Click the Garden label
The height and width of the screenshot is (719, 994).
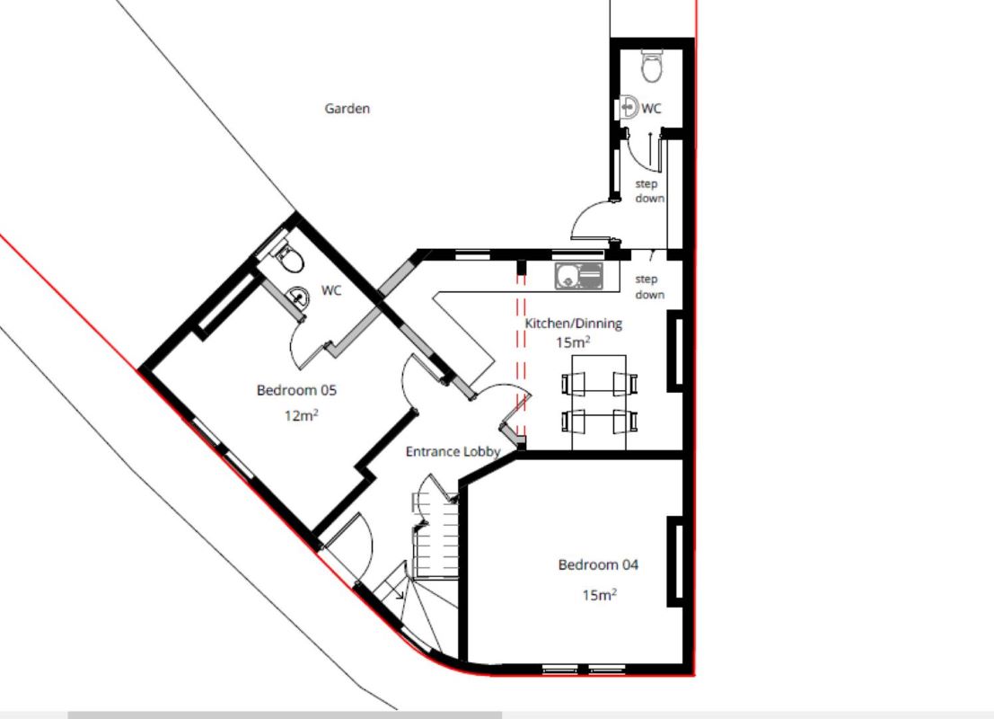(x=347, y=109)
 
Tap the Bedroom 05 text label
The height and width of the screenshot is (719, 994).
(x=296, y=390)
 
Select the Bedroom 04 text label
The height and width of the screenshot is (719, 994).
(x=598, y=564)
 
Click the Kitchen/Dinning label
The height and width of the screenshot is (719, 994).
(x=573, y=324)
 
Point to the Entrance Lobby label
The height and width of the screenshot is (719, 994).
(x=453, y=452)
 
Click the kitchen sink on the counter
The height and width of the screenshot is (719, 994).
(x=578, y=276)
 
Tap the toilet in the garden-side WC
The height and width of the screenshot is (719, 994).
(x=652, y=66)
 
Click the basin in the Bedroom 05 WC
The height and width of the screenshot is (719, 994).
(x=296, y=297)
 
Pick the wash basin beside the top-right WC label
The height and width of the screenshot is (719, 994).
(x=629, y=107)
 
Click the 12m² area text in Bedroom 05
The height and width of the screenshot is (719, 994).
(x=301, y=415)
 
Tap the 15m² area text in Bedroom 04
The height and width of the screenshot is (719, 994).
(x=599, y=595)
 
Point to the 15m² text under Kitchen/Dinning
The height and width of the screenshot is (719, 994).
(x=573, y=342)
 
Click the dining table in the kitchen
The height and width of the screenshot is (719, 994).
(x=599, y=403)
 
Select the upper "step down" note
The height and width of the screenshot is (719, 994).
(x=650, y=191)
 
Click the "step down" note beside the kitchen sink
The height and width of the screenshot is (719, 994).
(x=650, y=287)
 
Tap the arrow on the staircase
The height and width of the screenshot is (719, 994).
(x=398, y=588)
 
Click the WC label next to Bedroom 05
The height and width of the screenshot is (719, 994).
(x=331, y=290)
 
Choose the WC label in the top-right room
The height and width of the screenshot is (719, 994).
(x=651, y=109)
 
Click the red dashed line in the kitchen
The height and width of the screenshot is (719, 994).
(x=521, y=355)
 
